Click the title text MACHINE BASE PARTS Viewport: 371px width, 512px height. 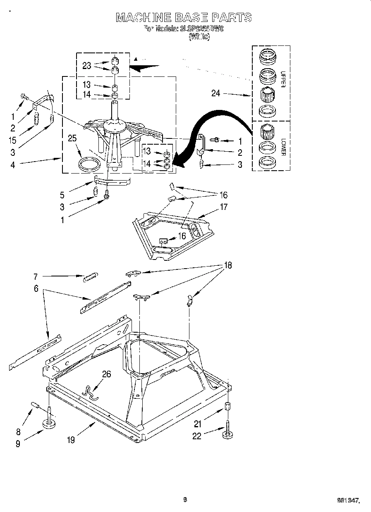184,17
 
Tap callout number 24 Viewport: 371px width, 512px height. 216,93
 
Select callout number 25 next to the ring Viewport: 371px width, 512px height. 72,138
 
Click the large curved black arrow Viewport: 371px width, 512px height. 215,124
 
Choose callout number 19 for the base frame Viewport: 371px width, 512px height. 71,440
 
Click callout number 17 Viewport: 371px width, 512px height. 223,207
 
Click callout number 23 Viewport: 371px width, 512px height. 86,65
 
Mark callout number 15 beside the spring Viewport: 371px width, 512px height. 13,140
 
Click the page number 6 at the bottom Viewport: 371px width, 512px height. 185,499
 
